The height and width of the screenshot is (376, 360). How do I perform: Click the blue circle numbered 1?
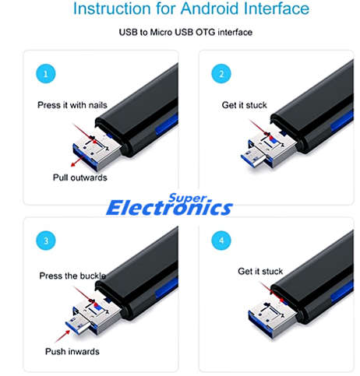click(x=46, y=74)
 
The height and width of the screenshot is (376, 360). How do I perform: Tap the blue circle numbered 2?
click(x=221, y=74)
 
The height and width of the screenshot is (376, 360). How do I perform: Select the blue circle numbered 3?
click(x=46, y=241)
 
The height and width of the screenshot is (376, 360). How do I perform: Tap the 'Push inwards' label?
click(x=72, y=351)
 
